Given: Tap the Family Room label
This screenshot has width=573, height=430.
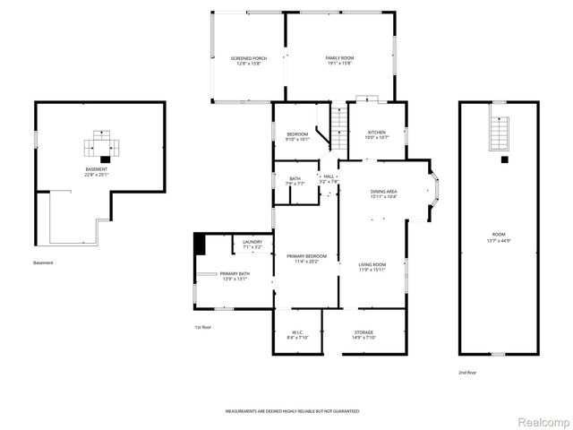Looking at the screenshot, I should point(338,60).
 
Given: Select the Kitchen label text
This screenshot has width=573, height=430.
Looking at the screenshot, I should point(377,135).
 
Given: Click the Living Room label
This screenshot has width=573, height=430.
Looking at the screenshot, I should point(372,267).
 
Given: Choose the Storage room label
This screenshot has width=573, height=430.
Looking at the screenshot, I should point(363,334).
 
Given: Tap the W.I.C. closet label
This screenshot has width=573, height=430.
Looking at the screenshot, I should point(297,334).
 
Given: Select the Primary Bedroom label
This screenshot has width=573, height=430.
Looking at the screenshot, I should point(306,259).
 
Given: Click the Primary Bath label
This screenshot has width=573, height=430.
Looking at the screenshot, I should point(235,276).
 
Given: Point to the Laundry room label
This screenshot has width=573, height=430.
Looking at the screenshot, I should point(252,244).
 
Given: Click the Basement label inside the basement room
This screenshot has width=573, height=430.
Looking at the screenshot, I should point(96,172).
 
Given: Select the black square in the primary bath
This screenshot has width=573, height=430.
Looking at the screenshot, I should point(199,243).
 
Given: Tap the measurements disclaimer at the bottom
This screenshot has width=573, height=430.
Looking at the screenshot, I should point(292,408).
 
